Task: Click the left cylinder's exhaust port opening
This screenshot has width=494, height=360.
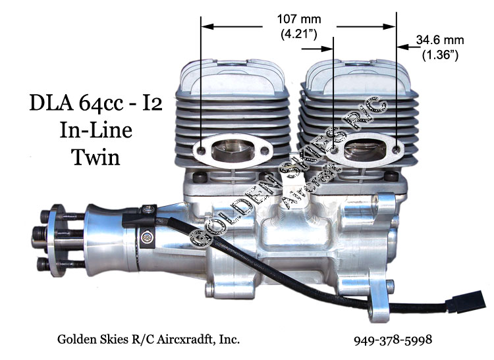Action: click(233, 151)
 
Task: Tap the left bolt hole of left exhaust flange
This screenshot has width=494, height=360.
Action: click(200, 151)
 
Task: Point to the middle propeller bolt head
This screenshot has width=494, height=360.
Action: click(41, 232)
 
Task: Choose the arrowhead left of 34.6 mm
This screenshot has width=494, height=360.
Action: click(401, 46)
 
